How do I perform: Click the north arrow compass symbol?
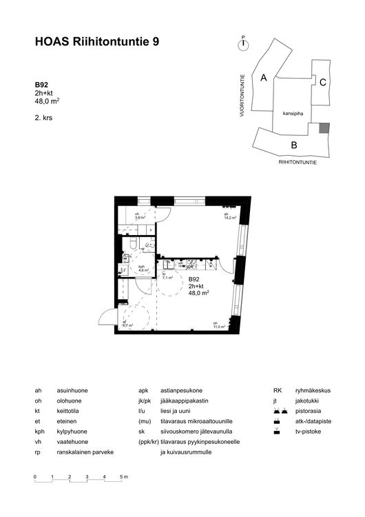click(x=242, y=44)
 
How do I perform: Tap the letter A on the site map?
click(x=263, y=78)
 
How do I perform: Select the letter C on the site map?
click(x=322, y=81)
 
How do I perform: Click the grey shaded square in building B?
click(x=324, y=128)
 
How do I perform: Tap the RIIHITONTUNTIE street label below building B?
click(x=298, y=161)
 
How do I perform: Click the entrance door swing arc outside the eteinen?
click(x=105, y=318)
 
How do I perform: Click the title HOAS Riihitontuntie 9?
click(x=97, y=42)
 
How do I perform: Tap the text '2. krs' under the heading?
click(x=43, y=118)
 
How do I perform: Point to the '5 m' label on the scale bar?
click(x=124, y=477)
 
